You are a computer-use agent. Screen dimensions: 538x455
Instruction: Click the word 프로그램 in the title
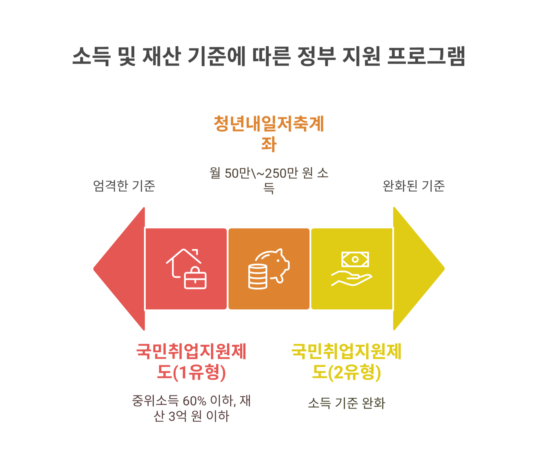click(426, 56)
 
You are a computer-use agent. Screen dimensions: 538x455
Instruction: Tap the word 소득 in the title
click(91, 56)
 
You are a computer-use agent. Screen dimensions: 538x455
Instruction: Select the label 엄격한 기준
click(124, 186)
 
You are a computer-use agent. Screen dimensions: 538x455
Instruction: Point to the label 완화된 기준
click(414, 186)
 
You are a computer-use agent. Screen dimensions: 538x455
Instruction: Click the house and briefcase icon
click(186, 269)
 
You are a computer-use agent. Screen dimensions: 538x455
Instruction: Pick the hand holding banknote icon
click(352, 269)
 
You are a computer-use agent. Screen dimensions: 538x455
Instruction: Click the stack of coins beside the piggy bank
click(258, 276)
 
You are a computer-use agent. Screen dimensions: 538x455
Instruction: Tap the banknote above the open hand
click(355, 259)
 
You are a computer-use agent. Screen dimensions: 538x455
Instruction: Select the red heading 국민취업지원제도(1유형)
click(191, 362)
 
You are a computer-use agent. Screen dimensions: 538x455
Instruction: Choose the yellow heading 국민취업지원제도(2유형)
click(346, 362)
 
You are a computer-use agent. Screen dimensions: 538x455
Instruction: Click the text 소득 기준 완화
click(346, 403)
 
